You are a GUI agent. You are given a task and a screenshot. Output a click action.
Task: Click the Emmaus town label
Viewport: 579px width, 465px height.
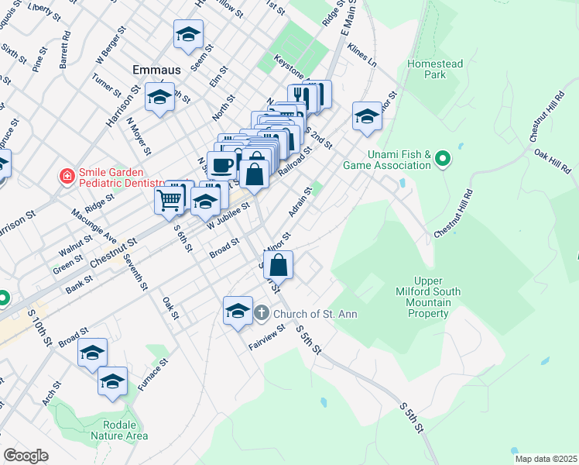pyautogui.click(x=156, y=70)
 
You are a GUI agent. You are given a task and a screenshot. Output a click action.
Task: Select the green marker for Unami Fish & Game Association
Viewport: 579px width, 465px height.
pyautogui.click(x=442, y=160)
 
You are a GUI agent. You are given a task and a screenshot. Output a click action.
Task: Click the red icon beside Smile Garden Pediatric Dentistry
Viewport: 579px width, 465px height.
pyautogui.click(x=68, y=177)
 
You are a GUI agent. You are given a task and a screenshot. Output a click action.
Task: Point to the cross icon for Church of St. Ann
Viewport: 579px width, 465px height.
pyautogui.click(x=262, y=313)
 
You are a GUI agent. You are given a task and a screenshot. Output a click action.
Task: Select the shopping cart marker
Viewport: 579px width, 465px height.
pyautogui.click(x=170, y=200)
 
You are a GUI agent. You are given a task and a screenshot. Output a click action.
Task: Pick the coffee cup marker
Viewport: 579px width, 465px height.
pyautogui.click(x=222, y=164)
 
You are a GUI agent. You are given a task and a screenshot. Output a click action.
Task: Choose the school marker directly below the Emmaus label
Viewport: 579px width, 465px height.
pyautogui.click(x=160, y=98)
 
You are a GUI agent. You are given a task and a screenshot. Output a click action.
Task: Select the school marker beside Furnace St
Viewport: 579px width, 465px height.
pyautogui.click(x=113, y=381)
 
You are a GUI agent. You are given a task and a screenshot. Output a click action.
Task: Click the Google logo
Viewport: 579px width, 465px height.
pyautogui.click(x=25, y=456)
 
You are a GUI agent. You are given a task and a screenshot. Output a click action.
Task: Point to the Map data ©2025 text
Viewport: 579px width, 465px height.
pyautogui.click(x=545, y=459)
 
